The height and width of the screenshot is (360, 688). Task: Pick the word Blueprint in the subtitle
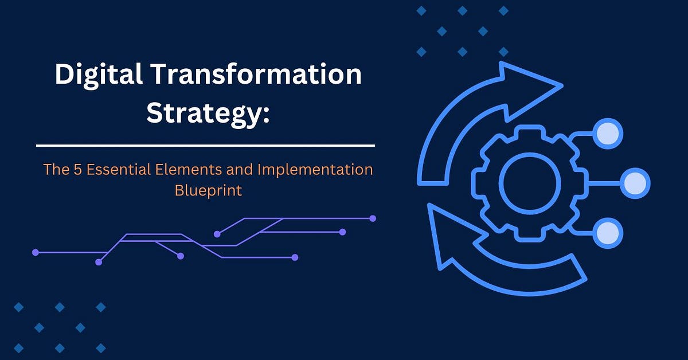tap(208, 190)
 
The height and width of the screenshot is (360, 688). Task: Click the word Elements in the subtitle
tap(177, 170)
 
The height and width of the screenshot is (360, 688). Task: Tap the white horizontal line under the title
tap(205, 146)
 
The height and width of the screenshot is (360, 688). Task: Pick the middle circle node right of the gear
tap(635, 183)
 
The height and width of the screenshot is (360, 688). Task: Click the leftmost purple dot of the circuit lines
tap(36, 252)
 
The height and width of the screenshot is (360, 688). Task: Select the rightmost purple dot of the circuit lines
tap(373, 218)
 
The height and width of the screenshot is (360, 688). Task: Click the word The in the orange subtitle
tap(54, 170)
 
